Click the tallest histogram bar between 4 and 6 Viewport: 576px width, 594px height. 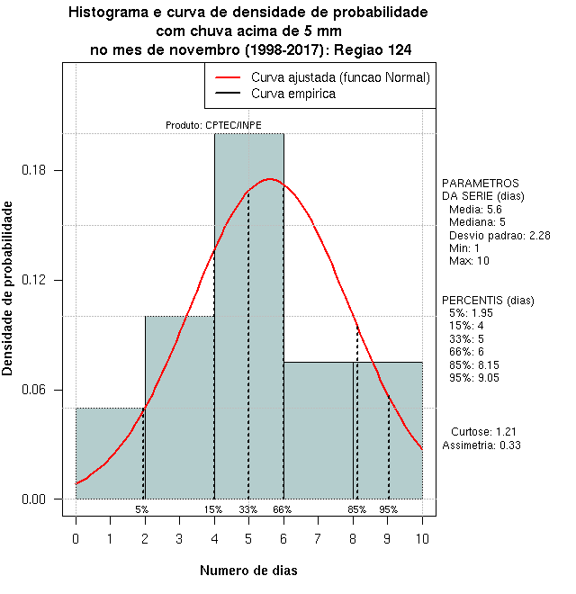pos(248,315)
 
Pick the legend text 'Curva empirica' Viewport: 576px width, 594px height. pos(293,93)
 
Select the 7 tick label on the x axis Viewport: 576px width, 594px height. pos(318,538)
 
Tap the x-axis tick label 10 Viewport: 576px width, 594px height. pos(422,538)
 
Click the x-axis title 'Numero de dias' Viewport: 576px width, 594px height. pos(248,570)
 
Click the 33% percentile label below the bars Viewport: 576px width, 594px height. pos(248,509)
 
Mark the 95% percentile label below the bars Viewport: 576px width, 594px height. pos(388,509)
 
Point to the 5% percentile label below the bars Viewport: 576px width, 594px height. pos(142,509)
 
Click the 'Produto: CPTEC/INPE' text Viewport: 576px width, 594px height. pos(214,125)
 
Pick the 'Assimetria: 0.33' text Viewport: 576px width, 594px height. pos(481,445)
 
